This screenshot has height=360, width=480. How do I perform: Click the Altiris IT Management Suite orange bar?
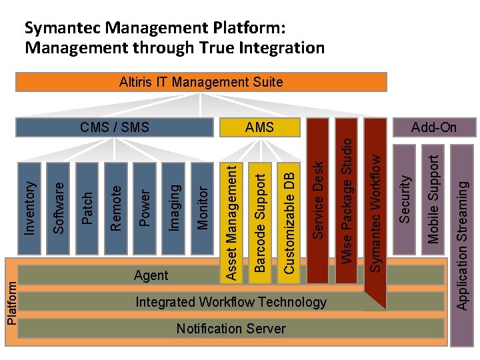coord(201,82)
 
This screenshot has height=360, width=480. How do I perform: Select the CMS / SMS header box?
coord(114,127)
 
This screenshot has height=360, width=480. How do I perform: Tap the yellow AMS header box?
coord(260,127)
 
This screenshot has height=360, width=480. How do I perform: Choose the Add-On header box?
coord(434,127)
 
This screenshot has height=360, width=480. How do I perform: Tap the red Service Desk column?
coord(319,200)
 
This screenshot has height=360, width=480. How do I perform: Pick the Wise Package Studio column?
coord(347,200)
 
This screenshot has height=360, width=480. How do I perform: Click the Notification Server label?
coord(231,329)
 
